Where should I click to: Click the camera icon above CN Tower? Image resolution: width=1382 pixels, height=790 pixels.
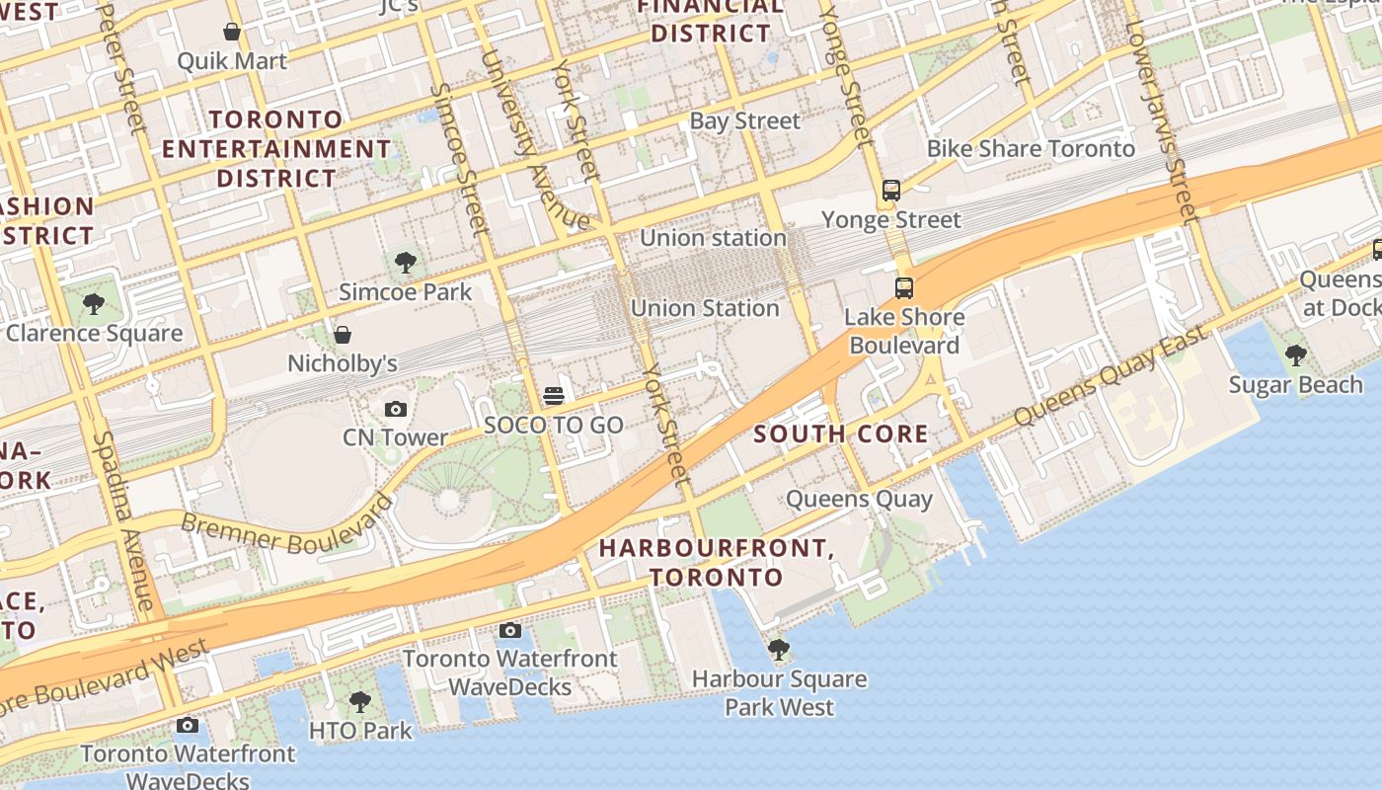pyautogui.click(x=395, y=409)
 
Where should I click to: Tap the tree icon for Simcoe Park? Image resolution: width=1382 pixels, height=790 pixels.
pyautogui.click(x=405, y=263)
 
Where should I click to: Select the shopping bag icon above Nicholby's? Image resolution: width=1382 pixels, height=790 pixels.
pyautogui.click(x=342, y=335)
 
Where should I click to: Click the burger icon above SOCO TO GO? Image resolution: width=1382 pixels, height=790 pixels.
pyautogui.click(x=554, y=396)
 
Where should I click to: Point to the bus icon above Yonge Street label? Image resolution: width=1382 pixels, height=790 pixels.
pyautogui.click(x=891, y=191)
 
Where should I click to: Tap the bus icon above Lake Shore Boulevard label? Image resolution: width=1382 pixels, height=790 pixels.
pyautogui.click(x=904, y=288)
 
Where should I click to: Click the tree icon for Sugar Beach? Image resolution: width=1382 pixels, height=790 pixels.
pyautogui.click(x=1295, y=355)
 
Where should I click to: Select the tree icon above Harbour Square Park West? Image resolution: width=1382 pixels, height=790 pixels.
pyautogui.click(x=779, y=649)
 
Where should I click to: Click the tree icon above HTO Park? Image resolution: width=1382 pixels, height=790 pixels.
pyautogui.click(x=360, y=702)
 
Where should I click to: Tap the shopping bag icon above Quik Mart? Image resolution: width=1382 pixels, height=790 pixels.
pyautogui.click(x=232, y=32)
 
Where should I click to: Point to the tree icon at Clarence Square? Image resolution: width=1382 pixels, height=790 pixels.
pyautogui.click(x=94, y=303)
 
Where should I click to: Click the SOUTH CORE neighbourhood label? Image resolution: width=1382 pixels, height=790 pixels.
pyautogui.click(x=841, y=434)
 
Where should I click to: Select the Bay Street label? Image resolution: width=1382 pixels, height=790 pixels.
pyautogui.click(x=744, y=121)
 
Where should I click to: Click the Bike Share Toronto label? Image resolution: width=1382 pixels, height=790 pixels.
pyautogui.click(x=1031, y=149)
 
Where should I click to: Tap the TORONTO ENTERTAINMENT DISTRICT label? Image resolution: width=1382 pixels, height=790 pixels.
pyautogui.click(x=276, y=149)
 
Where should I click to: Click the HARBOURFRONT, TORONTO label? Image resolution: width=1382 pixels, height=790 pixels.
pyautogui.click(x=717, y=562)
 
